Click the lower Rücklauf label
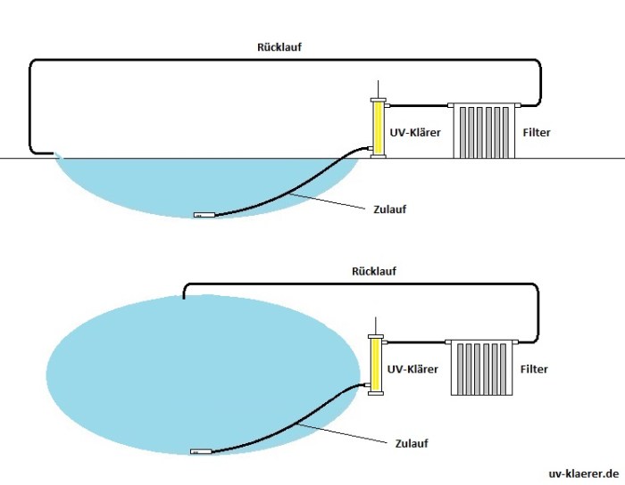(374, 270)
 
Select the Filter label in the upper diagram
(536, 132)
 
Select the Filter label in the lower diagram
(533, 368)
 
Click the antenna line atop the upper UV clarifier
(379, 86)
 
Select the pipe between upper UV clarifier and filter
(419, 105)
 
